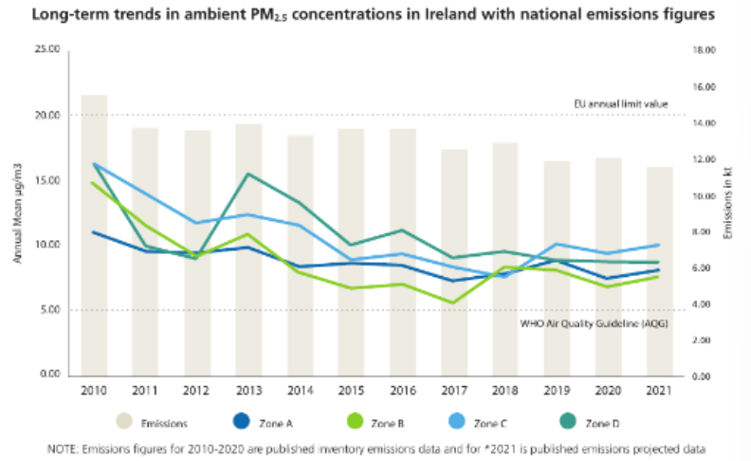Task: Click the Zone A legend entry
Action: pos(263,422)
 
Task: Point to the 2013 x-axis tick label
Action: pos(248,390)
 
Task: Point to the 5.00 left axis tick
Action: pos(49,310)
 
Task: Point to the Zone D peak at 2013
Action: pos(248,174)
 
